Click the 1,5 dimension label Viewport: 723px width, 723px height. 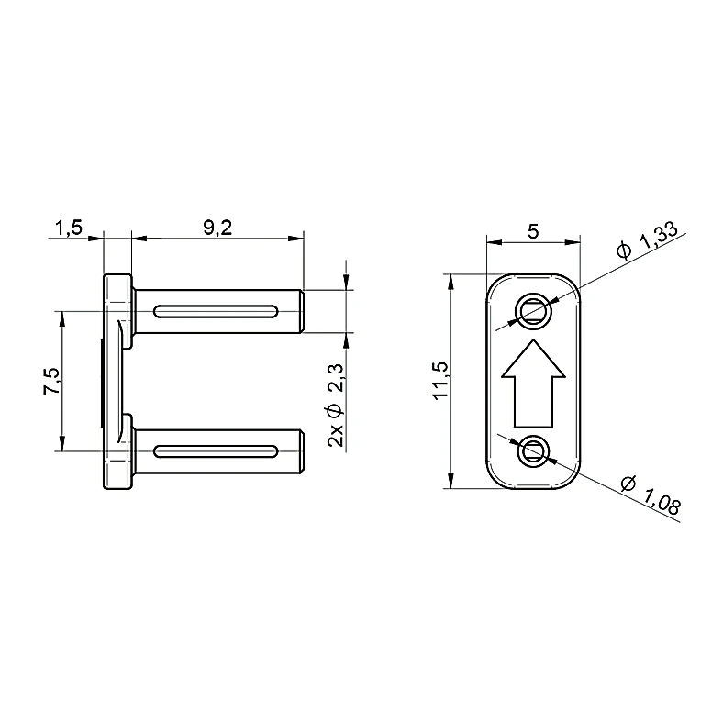69,227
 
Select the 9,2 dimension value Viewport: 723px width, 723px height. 217,227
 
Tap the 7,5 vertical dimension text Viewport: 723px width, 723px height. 51,381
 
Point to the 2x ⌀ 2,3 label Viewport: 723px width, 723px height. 336,406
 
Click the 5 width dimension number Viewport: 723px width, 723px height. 533,230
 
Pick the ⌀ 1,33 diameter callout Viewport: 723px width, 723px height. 647,240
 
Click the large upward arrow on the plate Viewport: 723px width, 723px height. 533,384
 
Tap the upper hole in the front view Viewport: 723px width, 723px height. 532,311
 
